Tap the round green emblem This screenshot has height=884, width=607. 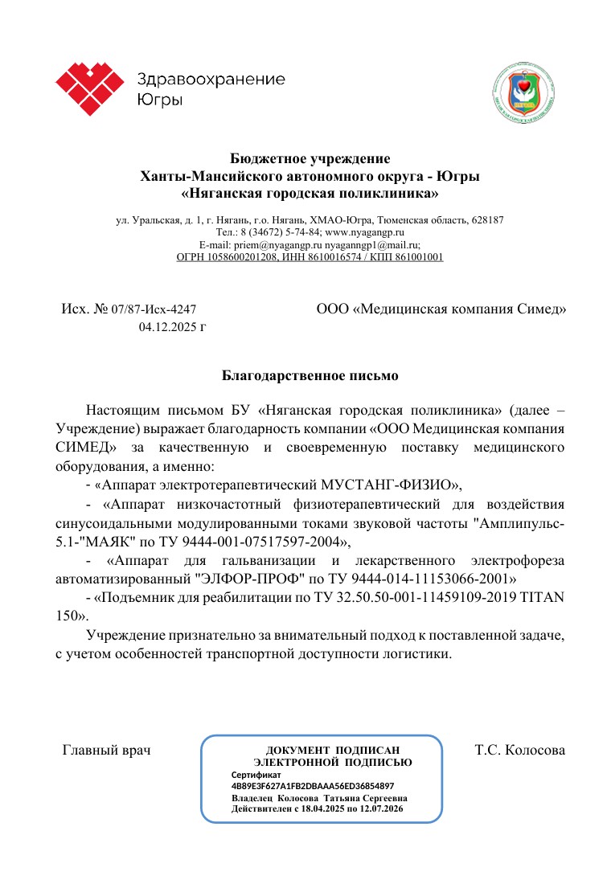(x=523, y=91)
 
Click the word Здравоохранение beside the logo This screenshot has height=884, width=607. (x=211, y=80)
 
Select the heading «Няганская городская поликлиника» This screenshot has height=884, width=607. (x=310, y=193)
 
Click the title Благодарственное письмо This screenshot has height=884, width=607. (x=310, y=374)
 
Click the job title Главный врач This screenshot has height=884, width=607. (x=107, y=751)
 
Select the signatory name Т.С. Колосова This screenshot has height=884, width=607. (x=520, y=751)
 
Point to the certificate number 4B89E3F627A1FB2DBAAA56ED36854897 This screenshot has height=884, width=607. (x=312, y=785)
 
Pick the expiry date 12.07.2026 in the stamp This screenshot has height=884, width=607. (x=378, y=808)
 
